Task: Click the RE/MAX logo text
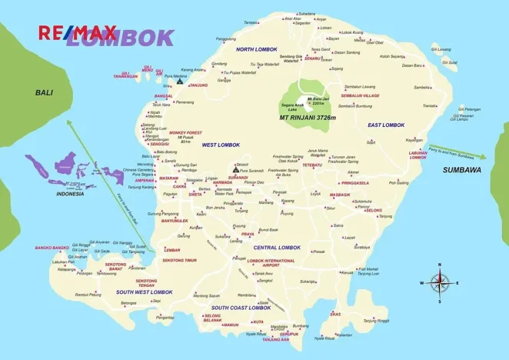click(78, 32)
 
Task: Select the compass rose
click(440, 282)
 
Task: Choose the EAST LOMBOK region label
click(385, 125)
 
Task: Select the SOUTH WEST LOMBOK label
click(145, 292)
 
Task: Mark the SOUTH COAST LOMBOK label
click(241, 308)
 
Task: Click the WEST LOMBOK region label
click(221, 145)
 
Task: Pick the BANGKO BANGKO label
click(52, 248)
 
